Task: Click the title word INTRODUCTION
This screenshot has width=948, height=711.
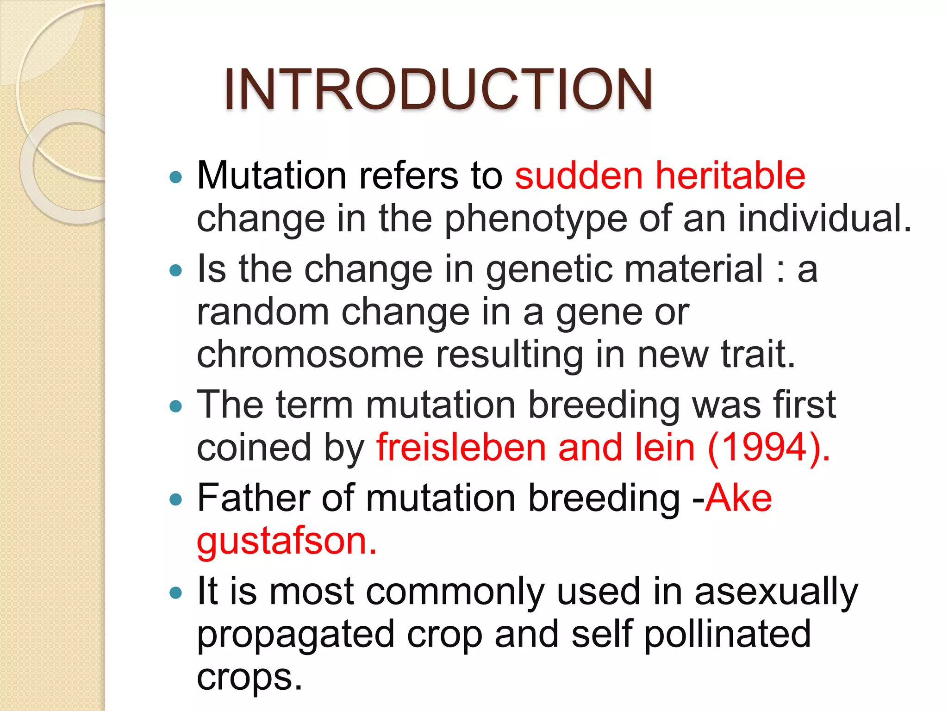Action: (x=438, y=89)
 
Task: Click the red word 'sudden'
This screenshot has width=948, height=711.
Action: (x=579, y=176)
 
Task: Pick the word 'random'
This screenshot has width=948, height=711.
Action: (x=263, y=312)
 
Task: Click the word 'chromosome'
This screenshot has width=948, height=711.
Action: (x=310, y=355)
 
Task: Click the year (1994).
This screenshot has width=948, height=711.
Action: (x=769, y=448)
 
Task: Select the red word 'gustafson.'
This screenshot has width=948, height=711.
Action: (x=287, y=542)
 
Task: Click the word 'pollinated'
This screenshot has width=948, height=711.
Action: (x=727, y=634)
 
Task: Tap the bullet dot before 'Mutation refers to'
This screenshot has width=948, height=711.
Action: (x=176, y=177)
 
